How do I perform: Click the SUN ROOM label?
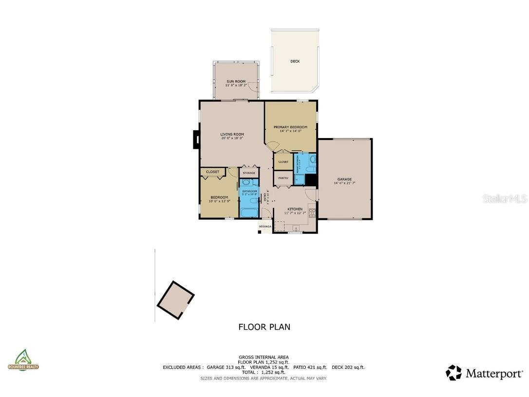click(236, 81)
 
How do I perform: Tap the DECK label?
click(295, 61)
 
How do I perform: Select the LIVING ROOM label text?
click(232, 135)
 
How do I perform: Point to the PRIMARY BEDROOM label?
click(290, 127)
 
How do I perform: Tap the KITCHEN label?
click(295, 209)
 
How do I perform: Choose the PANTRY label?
click(283, 179)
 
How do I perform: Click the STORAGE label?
click(249, 173)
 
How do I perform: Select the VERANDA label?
click(265, 227)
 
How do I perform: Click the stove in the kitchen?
click(312, 213)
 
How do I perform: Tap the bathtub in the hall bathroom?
click(249, 213)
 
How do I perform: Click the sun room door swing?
click(252, 87)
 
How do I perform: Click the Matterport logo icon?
click(453, 373)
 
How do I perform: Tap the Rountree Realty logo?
click(23, 360)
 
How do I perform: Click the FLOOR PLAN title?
click(264, 327)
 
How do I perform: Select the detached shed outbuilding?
click(175, 300)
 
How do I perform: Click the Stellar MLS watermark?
click(505, 199)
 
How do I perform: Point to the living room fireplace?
click(196, 139)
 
